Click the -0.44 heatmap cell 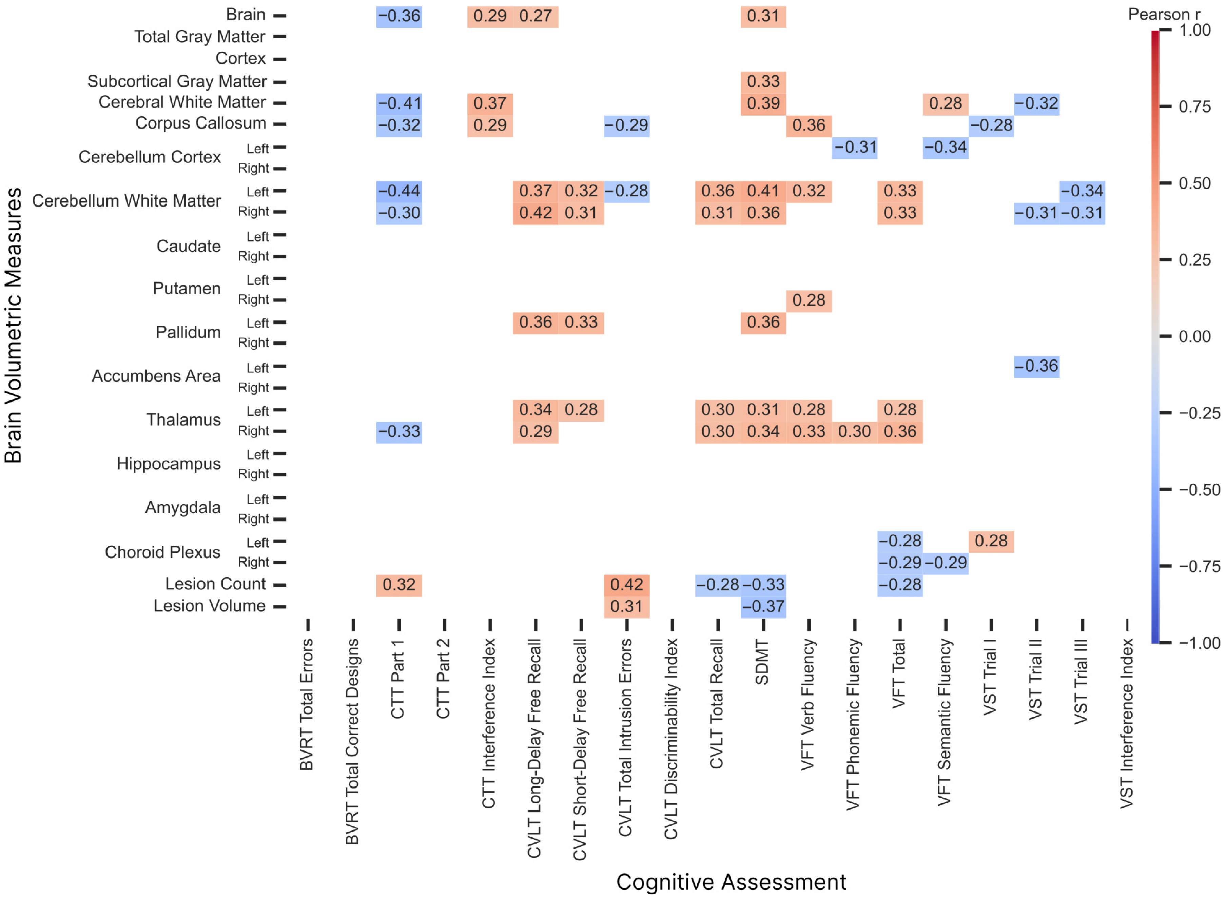[399, 191]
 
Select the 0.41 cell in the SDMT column [763, 191]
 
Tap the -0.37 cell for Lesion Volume [763, 606]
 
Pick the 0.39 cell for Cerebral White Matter [763, 103]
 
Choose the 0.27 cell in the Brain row [536, 16]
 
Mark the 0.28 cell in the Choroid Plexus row [991, 541]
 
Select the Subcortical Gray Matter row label [177, 82]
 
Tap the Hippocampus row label [169, 464]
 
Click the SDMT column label [762, 662]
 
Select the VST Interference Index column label [1126, 723]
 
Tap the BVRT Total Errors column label [307, 704]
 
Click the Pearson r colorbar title [1164, 14]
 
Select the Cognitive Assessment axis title [731, 882]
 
